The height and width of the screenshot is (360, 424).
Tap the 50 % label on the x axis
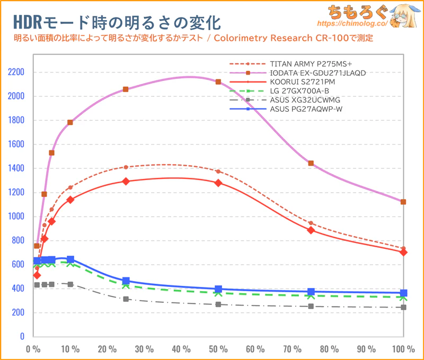(218, 349)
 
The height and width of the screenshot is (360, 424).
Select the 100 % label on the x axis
(403, 349)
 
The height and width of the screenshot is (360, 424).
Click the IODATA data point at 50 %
(218, 82)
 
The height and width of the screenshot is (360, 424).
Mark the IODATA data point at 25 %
(126, 89)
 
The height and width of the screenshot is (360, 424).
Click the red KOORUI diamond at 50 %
(218, 183)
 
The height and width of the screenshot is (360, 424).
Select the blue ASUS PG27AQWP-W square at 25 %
(126, 281)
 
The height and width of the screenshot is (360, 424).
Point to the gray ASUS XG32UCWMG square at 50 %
(218, 304)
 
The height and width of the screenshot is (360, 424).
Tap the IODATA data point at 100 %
(403, 202)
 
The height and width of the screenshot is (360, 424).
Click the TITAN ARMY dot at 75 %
(311, 223)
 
